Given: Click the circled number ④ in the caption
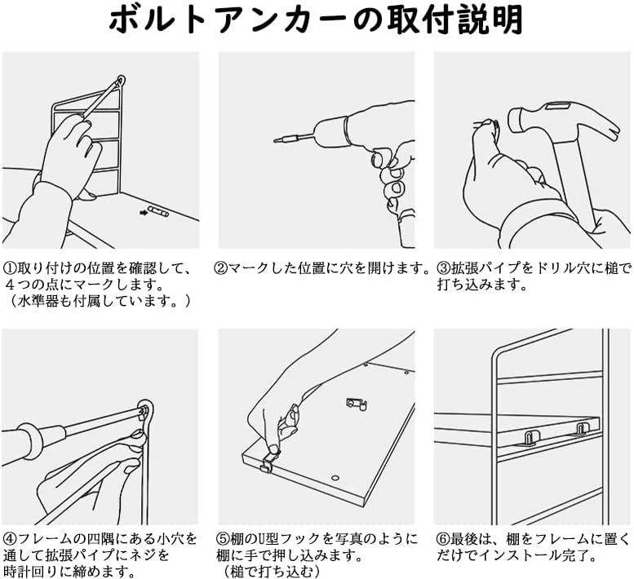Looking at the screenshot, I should [x=10, y=539].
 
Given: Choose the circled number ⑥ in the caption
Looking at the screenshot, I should [x=441, y=539].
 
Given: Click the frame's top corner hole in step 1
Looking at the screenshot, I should [x=122, y=82].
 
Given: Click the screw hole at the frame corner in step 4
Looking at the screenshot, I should [x=145, y=409].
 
